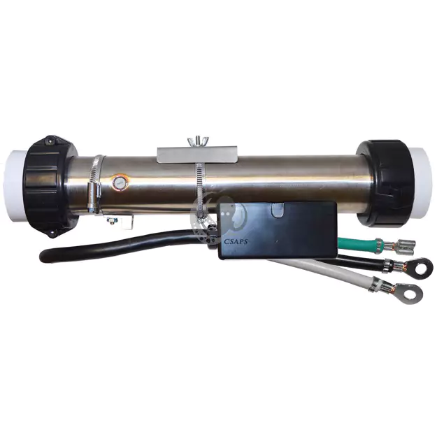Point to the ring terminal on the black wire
tap(404, 266)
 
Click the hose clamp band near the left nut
tap(97, 183)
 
